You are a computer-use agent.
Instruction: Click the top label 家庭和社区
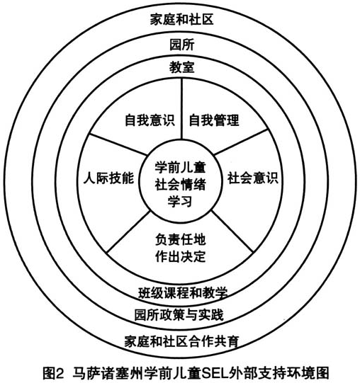[181, 20]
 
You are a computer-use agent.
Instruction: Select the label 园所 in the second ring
[182, 45]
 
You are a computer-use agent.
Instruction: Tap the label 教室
[182, 67]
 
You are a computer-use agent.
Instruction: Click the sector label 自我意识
[150, 120]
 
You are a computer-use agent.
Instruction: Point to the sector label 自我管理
[214, 120]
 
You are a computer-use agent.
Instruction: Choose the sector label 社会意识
[253, 178]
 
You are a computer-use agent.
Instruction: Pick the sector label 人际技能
[109, 178]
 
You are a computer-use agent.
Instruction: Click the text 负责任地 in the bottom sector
[181, 239]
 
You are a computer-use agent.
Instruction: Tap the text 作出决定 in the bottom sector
[181, 256]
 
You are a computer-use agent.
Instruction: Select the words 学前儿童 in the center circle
[181, 167]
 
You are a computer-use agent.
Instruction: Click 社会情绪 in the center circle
[181, 184]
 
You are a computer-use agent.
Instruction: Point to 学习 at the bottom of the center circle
[180, 201]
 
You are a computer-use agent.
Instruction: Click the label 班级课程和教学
[183, 292]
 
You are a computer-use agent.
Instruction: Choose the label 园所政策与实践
[179, 314]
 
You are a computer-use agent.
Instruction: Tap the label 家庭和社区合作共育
[181, 341]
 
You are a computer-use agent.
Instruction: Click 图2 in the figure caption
[53, 373]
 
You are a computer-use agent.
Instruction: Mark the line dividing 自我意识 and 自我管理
[181, 109]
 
